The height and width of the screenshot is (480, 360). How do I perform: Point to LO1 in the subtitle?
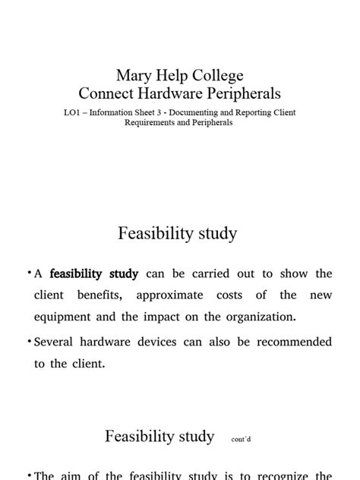pyautogui.click(x=74, y=112)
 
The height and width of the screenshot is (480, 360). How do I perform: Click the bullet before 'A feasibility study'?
pyautogui.click(x=30, y=273)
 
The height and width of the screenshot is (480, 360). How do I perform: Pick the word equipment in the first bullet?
pyautogui.click(x=63, y=315)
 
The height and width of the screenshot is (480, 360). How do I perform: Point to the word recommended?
pyautogui.click(x=292, y=343)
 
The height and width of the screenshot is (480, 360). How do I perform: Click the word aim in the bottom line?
pyautogui.click(x=78, y=476)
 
